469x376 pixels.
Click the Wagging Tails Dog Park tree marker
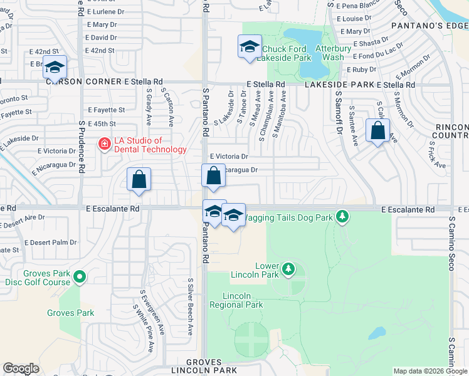coord(342,217)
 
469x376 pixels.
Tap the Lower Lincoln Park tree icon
coord(288,269)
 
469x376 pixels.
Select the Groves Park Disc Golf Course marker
coord(80,276)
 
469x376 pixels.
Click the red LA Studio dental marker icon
coord(104,145)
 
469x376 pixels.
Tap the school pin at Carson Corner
coord(55,68)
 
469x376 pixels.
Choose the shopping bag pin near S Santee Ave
coord(377,132)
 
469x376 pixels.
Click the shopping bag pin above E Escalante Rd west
coord(139,179)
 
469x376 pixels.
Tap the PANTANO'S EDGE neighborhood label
coord(429,26)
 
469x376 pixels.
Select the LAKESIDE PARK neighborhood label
coord(339,85)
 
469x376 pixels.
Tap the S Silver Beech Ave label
coord(191,306)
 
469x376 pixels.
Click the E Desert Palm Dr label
coord(50,242)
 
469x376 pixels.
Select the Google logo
coord(21,368)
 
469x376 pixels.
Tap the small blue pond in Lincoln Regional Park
coord(377,333)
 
